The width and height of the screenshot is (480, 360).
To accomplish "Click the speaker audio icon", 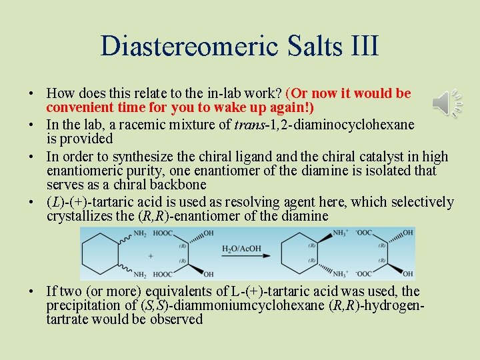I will click(x=446, y=103).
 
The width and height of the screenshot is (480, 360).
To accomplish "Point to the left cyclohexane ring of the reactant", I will click(x=100, y=253).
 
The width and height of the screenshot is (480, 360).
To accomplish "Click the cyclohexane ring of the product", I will click(x=300, y=253).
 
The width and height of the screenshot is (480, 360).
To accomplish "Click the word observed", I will click(x=177, y=319).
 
